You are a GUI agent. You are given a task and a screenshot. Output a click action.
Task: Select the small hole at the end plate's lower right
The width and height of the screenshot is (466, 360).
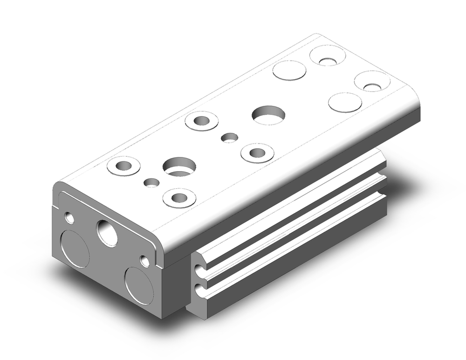[x=145, y=261]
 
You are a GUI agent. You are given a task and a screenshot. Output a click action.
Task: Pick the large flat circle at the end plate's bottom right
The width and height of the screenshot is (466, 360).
[x=138, y=285]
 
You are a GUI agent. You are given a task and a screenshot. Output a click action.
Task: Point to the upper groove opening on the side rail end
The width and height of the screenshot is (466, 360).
[x=199, y=269]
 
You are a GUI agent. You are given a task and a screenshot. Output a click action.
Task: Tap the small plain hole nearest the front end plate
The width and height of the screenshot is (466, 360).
[x=151, y=183]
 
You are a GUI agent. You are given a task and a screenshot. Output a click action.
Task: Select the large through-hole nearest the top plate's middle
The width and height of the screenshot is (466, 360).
[x=269, y=115]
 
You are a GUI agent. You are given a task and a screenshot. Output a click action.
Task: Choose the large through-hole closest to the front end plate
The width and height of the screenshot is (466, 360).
[x=179, y=166]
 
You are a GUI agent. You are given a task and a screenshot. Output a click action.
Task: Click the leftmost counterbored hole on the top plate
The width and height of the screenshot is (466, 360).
[x=123, y=166]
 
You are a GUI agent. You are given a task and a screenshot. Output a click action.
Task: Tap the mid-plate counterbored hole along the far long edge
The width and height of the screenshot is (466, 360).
[x=202, y=121]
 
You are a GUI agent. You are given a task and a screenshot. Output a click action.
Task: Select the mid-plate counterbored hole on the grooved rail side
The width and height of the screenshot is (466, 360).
[x=257, y=152]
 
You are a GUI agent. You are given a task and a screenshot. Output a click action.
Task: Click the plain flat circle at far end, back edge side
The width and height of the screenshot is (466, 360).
[x=289, y=69]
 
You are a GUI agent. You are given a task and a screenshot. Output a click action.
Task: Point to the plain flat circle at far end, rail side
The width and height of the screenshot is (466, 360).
[x=345, y=102]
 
